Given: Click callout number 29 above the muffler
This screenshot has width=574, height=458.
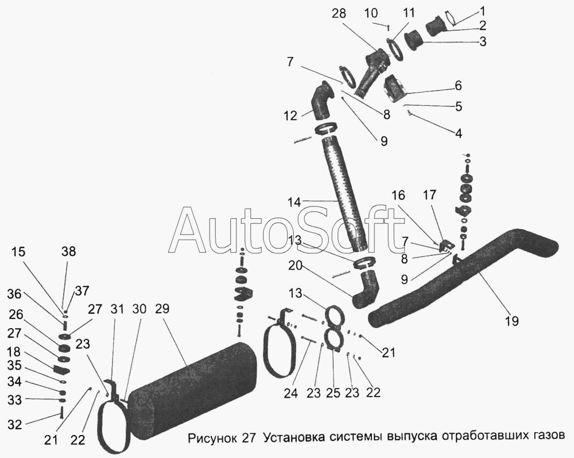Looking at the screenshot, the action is pyautogui.click(x=163, y=309).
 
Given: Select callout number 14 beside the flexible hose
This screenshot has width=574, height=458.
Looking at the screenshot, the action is pyautogui.click(x=294, y=202).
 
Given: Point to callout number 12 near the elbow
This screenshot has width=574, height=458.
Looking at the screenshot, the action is pyautogui.click(x=290, y=116).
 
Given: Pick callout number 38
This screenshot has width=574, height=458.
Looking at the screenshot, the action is pyautogui.click(x=69, y=252).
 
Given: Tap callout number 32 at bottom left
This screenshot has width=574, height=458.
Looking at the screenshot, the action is pyautogui.click(x=14, y=425).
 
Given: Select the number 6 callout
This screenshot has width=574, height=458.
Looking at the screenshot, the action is pyautogui.click(x=458, y=86).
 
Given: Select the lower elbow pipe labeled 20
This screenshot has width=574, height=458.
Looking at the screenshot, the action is pyautogui.click(x=366, y=291).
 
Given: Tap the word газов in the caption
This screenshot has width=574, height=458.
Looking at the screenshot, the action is pyautogui.click(x=549, y=435).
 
